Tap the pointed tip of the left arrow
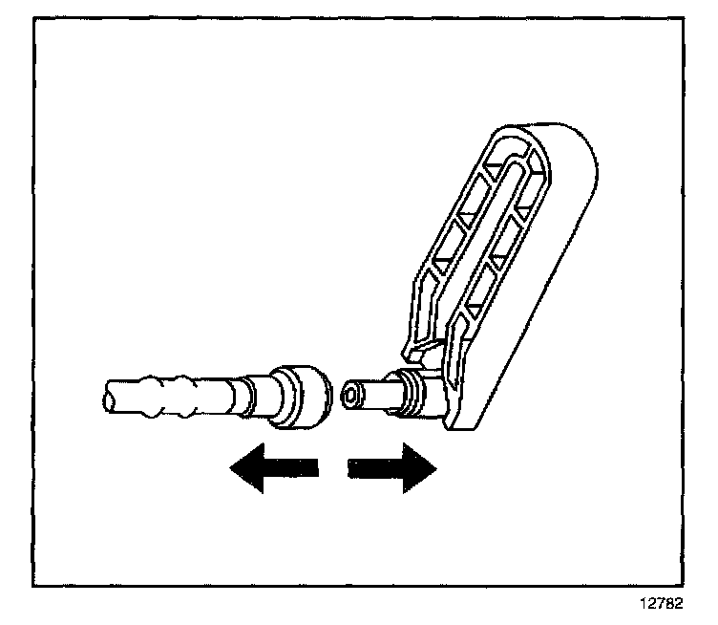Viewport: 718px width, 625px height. pyautogui.click(x=229, y=469)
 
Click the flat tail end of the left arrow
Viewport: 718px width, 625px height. pyautogui.click(x=316, y=469)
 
